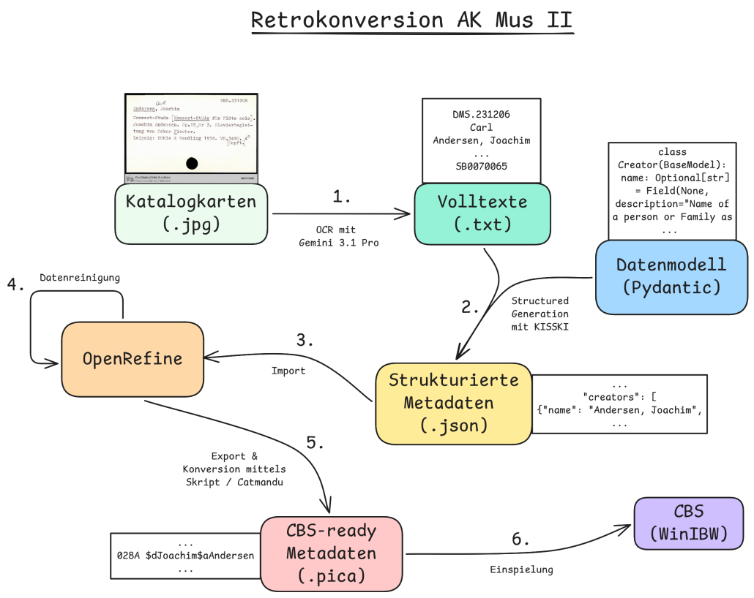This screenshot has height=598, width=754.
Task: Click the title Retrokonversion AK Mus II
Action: pos(412,20)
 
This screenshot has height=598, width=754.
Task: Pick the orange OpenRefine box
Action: pos(132,358)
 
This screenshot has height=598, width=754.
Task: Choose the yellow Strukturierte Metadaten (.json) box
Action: pos(453,403)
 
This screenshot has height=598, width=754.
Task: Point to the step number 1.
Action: pos(341,197)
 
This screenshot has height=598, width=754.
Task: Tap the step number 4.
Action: pos(15,284)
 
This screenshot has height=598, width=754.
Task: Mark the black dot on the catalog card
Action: pos(192,163)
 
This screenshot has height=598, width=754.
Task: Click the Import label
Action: pos(288,371)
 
